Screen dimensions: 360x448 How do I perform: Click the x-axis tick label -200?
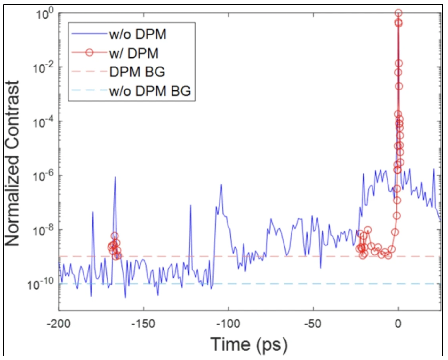[x=59, y=324]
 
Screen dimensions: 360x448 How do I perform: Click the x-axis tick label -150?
[x=143, y=324]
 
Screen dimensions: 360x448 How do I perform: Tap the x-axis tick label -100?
[x=228, y=324]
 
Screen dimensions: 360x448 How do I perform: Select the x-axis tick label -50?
[x=313, y=324]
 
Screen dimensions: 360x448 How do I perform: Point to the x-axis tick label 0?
[x=398, y=324]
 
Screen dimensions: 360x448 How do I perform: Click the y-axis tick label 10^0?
[x=44, y=14]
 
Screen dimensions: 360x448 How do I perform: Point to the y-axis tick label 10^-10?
[x=41, y=284]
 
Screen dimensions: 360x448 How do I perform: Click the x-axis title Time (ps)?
[x=249, y=345]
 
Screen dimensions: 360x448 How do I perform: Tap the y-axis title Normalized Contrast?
[x=12, y=163]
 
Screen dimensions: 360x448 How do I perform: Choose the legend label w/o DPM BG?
[x=150, y=91]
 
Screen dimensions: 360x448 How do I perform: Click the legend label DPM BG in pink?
[x=137, y=72]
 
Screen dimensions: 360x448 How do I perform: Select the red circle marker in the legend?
[x=90, y=52]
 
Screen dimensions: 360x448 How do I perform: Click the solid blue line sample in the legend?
[x=89, y=34]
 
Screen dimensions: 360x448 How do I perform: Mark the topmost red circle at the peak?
[x=398, y=13]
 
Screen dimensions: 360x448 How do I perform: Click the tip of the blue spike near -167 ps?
[x=115, y=177]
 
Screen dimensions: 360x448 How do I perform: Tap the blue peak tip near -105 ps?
[x=221, y=184]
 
